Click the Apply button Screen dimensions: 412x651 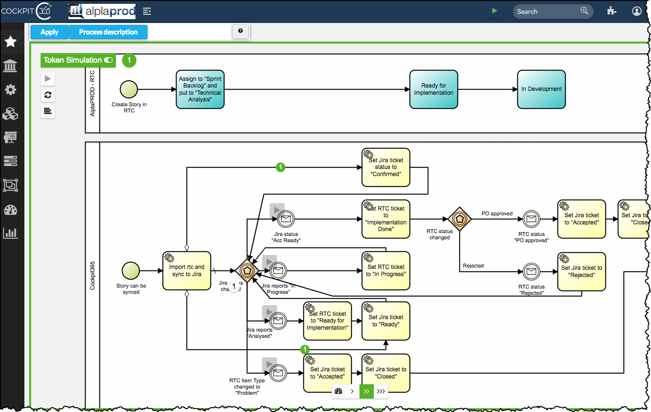point(49,32)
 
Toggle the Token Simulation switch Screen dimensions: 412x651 point(109,60)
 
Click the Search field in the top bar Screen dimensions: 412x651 point(548,11)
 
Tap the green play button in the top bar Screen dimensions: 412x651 point(494,11)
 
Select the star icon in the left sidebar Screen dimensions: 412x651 point(11,42)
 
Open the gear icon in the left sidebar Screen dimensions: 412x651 point(11,89)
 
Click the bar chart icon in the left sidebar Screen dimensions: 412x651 point(11,233)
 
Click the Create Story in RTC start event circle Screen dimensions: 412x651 point(129,89)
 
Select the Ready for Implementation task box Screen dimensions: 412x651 point(434,89)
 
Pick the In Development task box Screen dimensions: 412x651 point(541,89)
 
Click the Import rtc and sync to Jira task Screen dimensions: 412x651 point(187,271)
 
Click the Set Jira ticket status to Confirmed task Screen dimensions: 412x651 point(386,167)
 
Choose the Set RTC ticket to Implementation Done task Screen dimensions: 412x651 point(386,219)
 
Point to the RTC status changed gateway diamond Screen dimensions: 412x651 point(460,219)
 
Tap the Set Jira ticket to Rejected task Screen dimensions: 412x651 point(582,271)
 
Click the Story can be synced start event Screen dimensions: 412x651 point(131,270)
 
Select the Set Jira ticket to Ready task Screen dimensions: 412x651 point(386,321)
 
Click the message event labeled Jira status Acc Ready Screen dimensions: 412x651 point(286,219)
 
